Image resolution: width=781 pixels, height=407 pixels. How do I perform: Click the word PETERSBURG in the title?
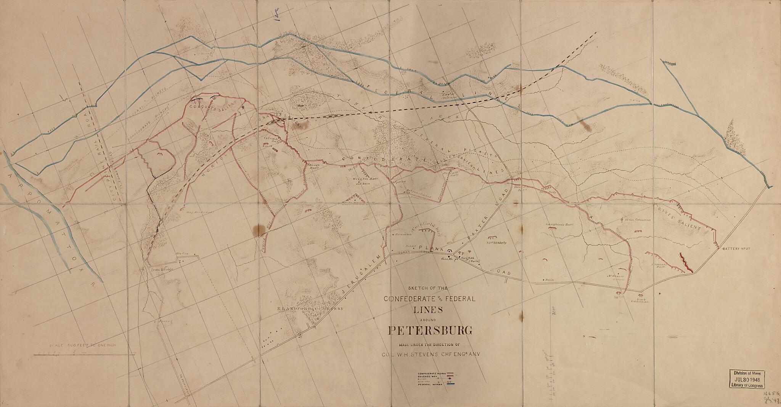(431, 331)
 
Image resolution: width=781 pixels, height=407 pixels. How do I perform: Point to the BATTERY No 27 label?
(736, 249)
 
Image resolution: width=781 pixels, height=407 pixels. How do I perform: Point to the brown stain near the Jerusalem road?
(260, 229)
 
